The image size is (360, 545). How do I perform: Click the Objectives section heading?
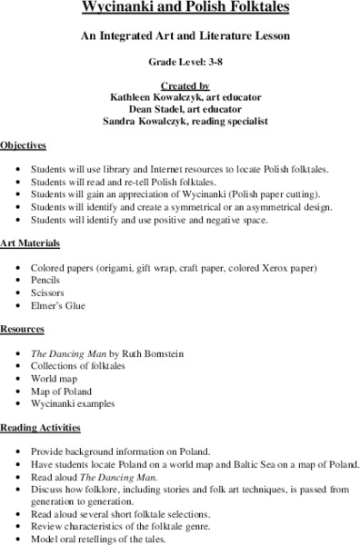coord(24,144)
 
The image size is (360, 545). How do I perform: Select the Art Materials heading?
coord(30,244)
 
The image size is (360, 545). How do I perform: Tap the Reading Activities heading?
coord(40,426)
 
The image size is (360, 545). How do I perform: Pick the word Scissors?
coord(47,293)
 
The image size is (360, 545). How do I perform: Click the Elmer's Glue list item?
coord(58,306)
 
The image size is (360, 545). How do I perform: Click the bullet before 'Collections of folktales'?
coord(19,364)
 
